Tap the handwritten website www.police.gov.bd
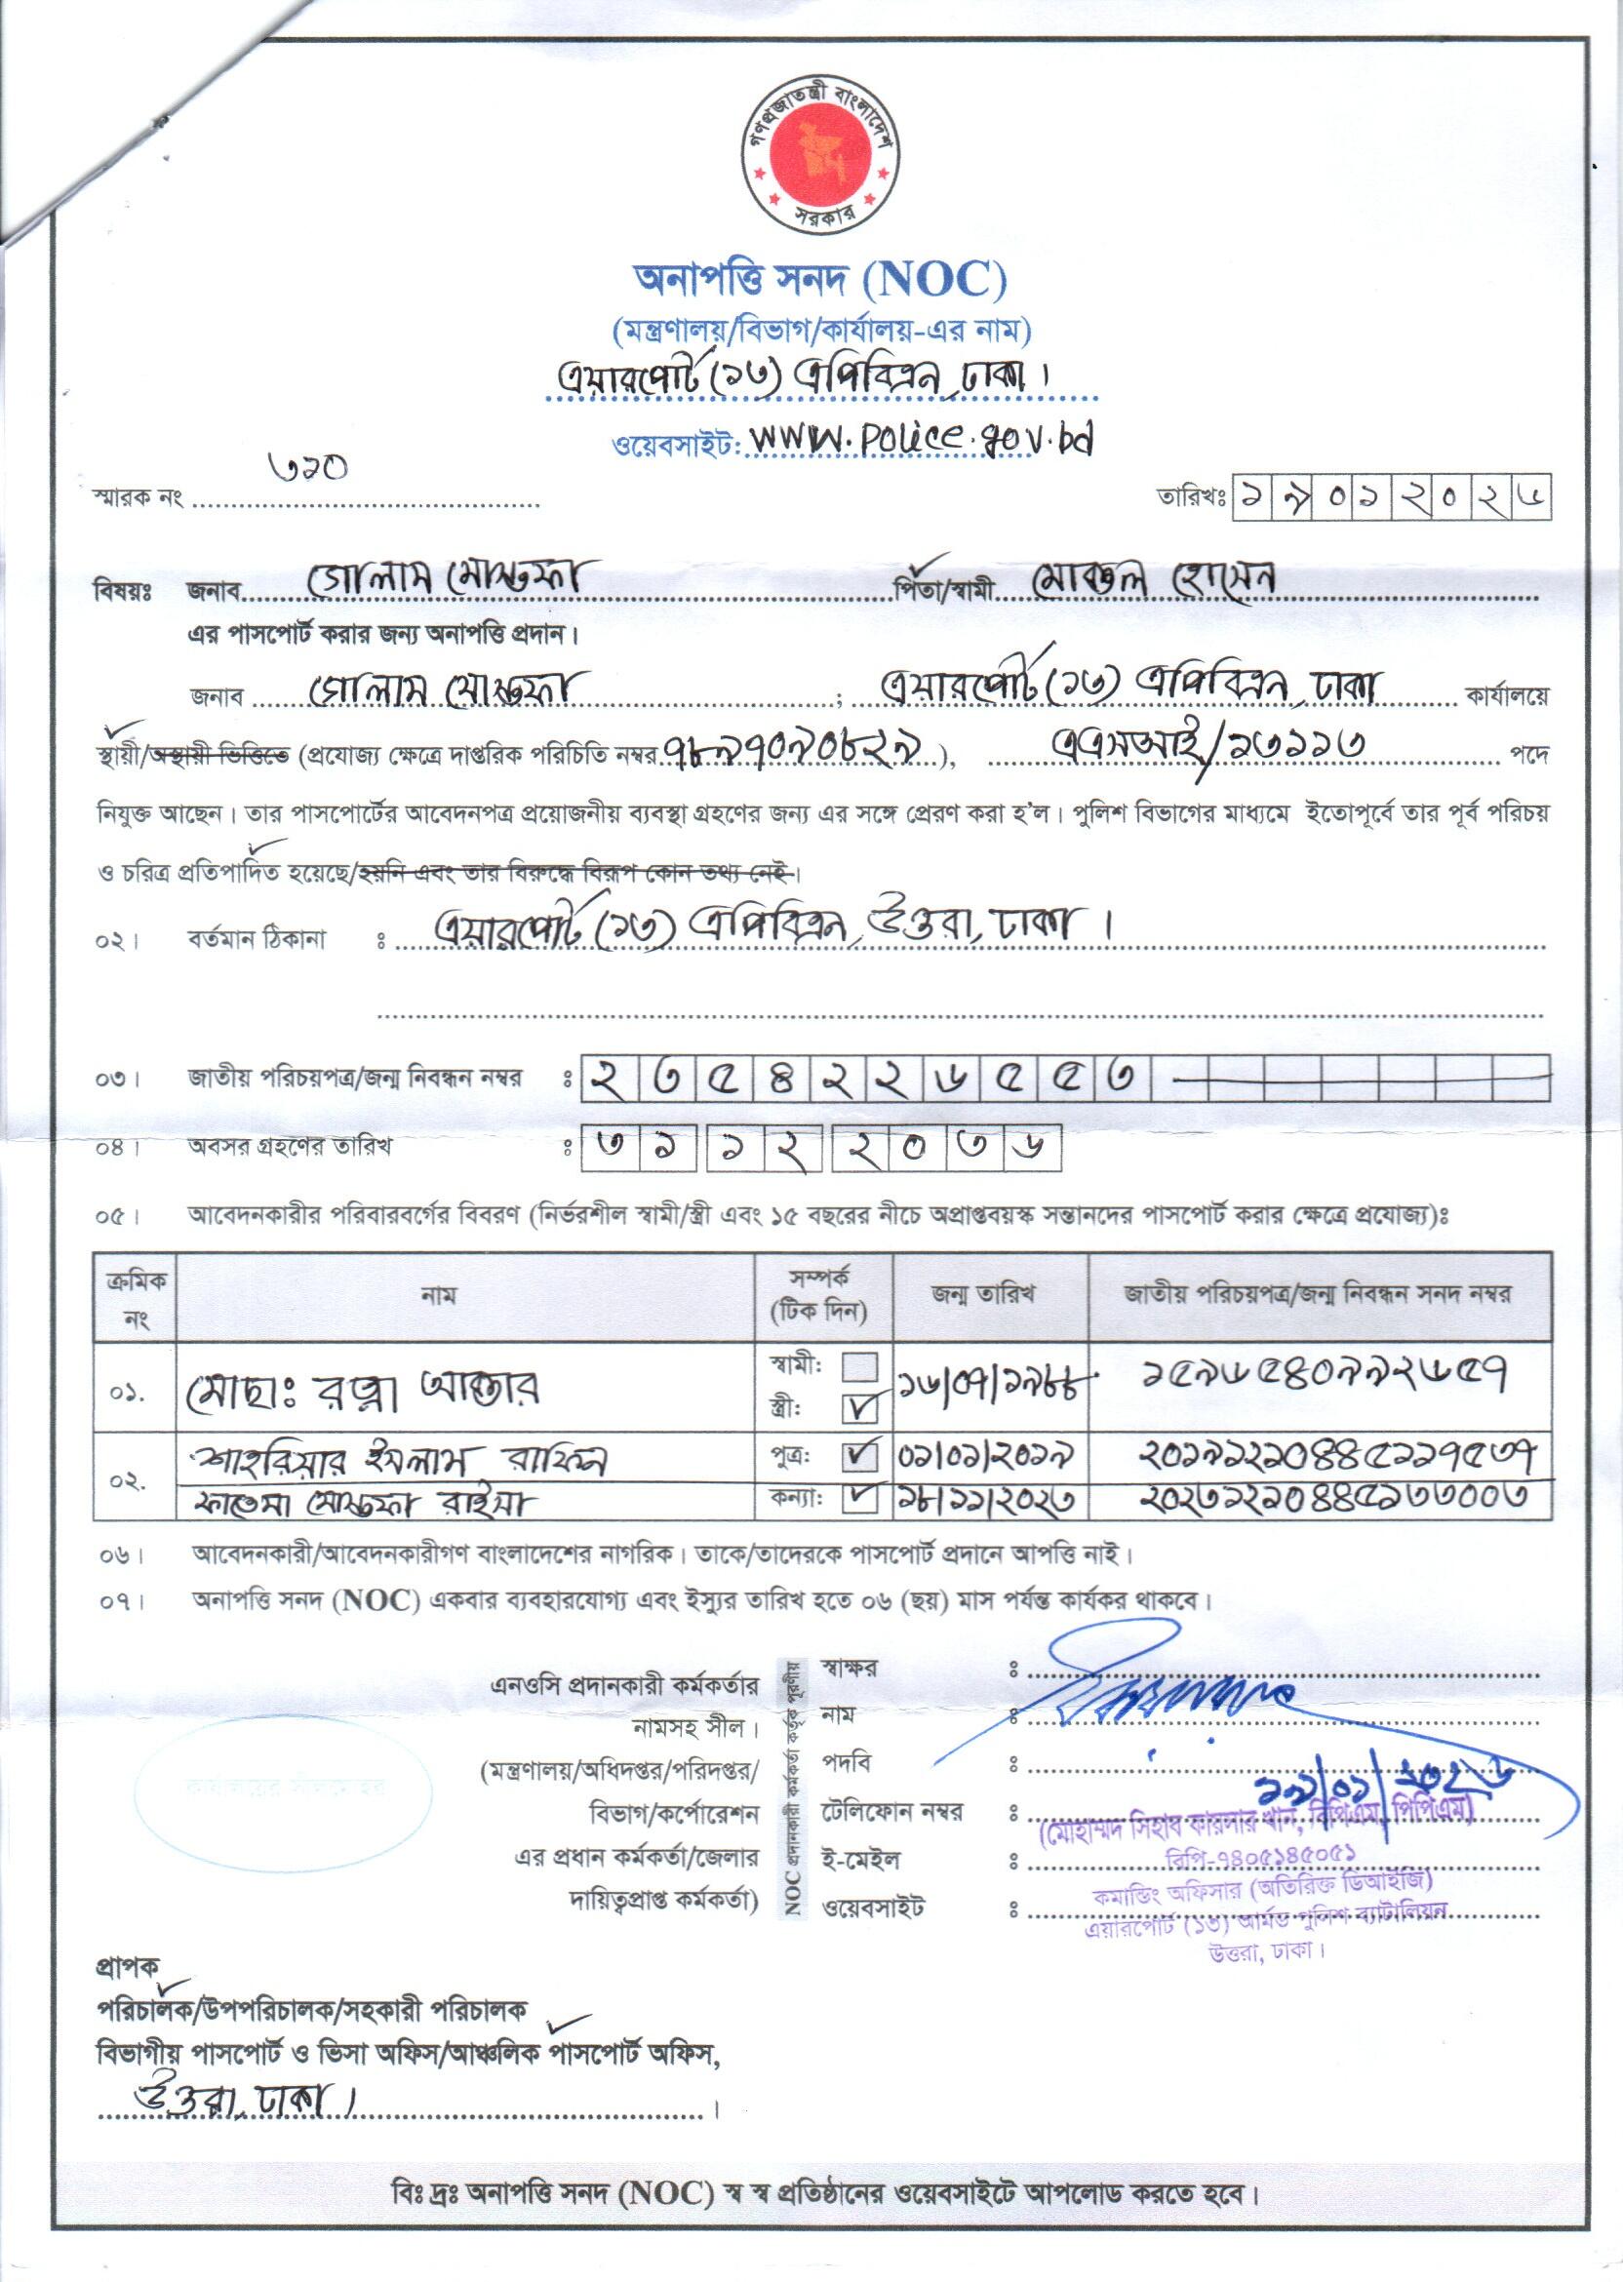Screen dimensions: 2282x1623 921,439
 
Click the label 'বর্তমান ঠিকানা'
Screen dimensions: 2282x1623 257,940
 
